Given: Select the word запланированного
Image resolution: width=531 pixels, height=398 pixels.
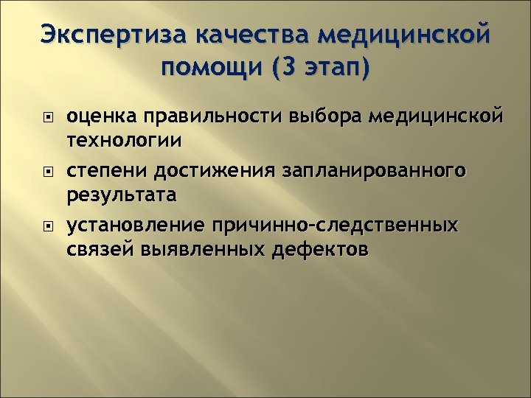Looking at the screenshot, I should point(372,171).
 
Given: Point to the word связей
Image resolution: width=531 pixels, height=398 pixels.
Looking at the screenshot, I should point(97,249).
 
